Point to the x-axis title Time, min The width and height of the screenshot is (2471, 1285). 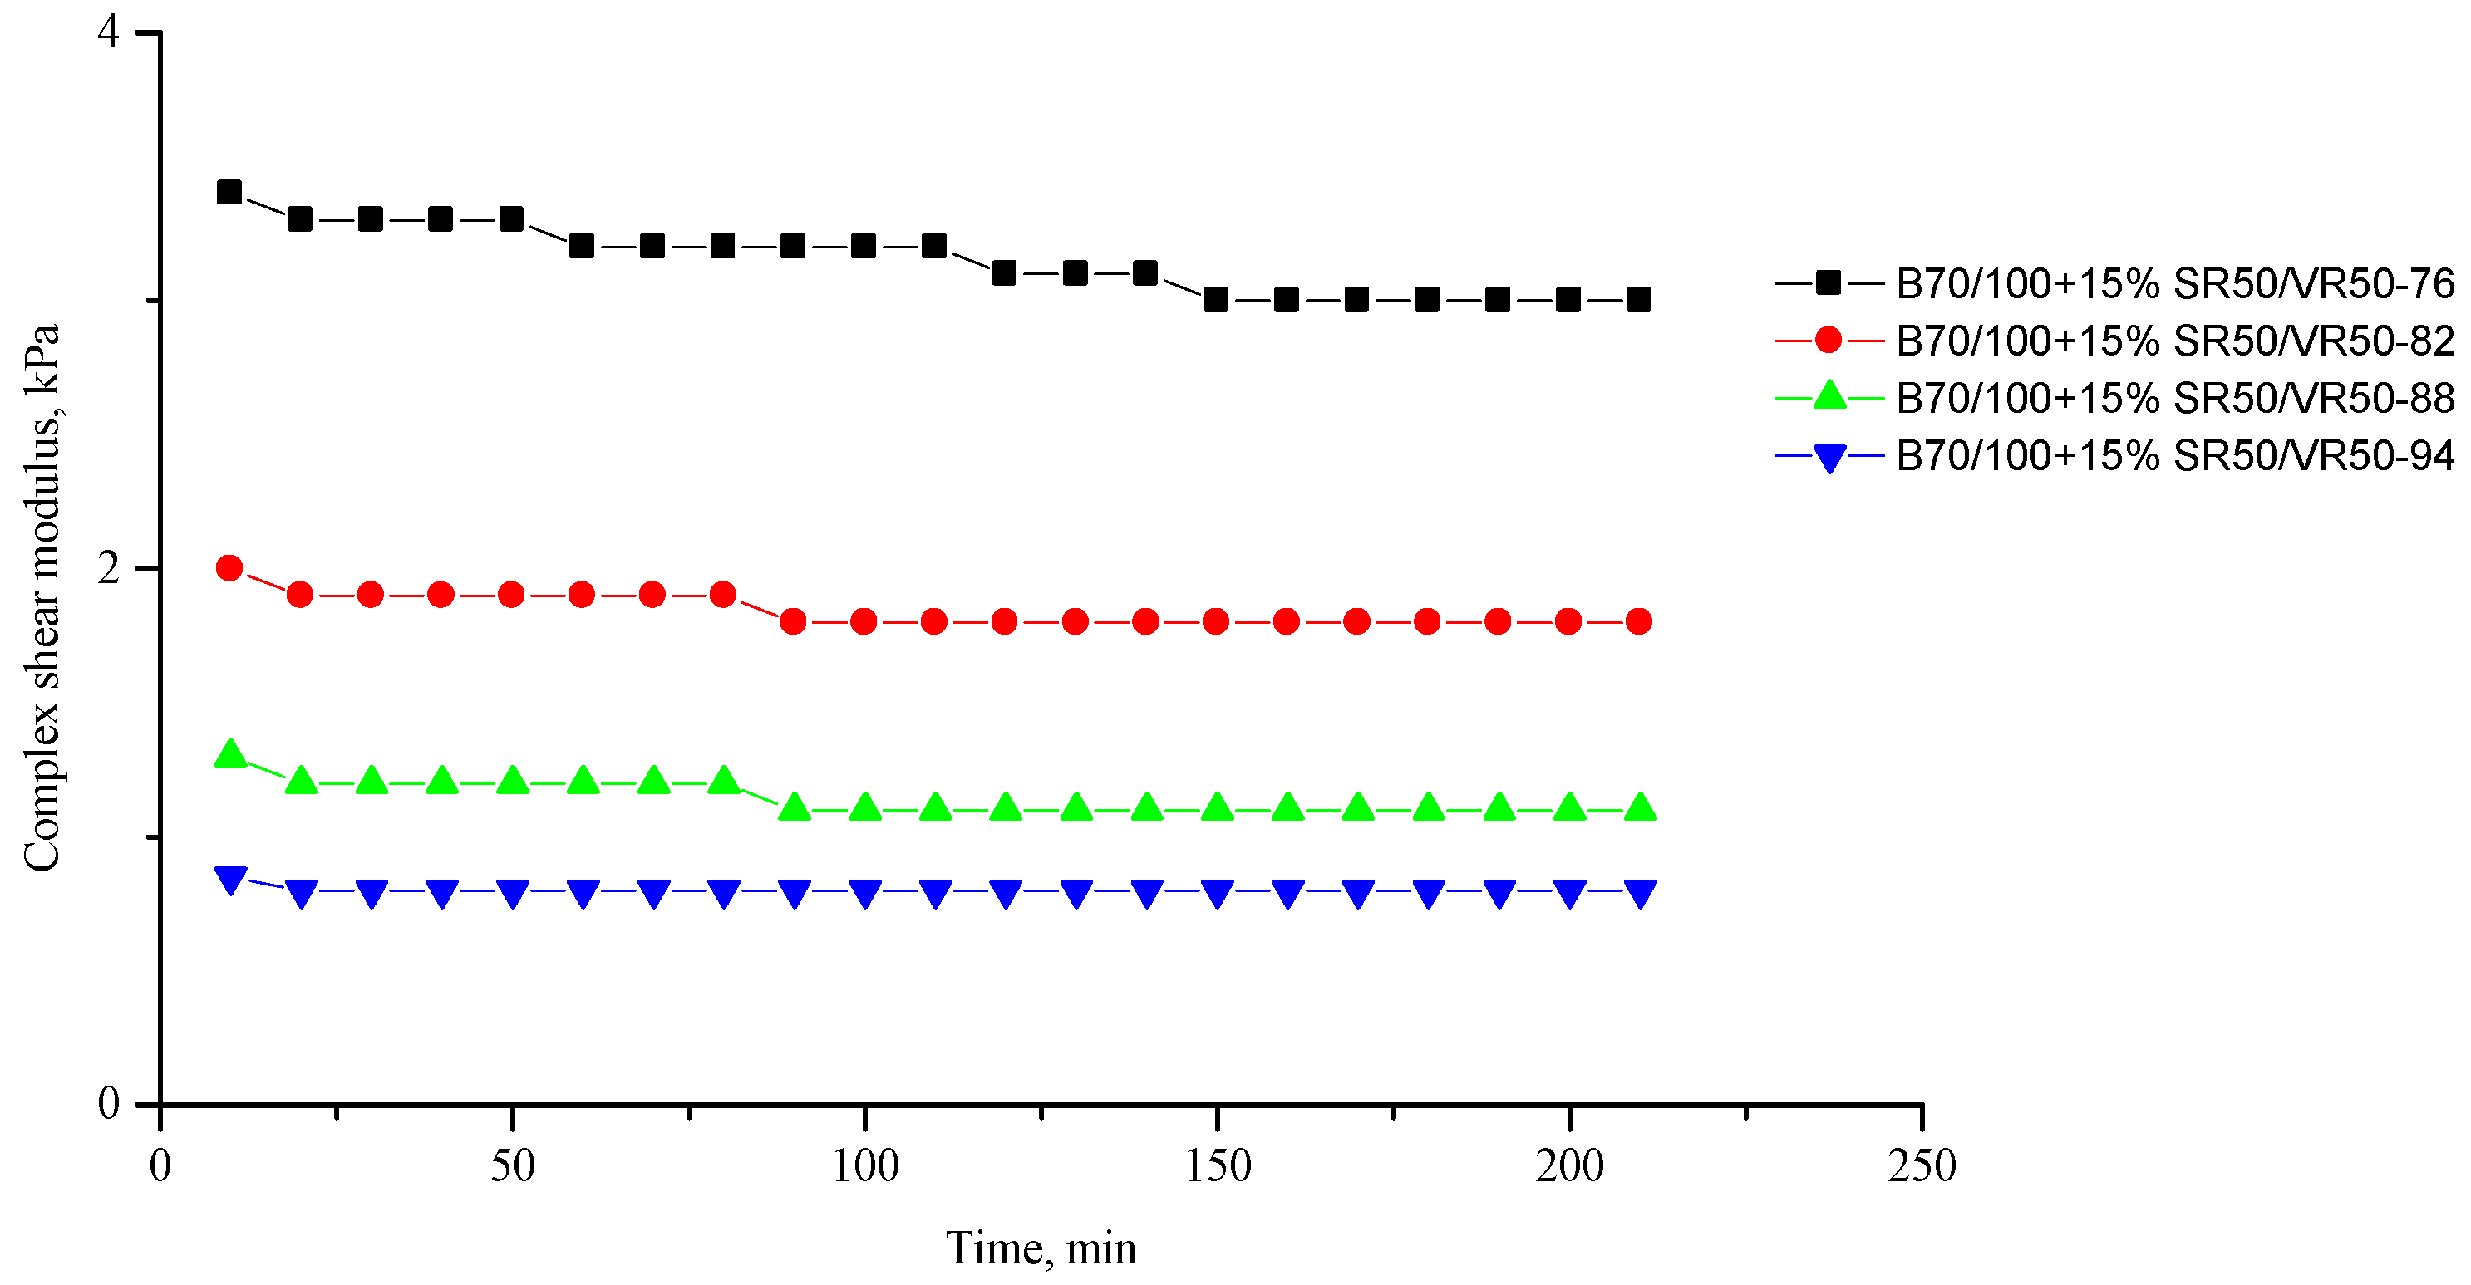point(1041,1248)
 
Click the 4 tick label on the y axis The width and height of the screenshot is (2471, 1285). point(108,32)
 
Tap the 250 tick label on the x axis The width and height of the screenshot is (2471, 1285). point(1922,1166)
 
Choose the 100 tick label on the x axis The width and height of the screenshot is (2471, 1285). point(865,1166)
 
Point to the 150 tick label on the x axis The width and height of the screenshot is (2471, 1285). point(1218,1166)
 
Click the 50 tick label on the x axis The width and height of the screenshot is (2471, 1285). point(512,1166)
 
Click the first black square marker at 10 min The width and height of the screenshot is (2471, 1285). point(229,193)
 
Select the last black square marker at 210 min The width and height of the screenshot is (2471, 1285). point(1639,300)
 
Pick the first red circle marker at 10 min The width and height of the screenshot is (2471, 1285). point(229,567)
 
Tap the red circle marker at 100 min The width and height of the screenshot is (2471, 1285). point(864,621)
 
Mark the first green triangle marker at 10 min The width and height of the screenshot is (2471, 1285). point(230,753)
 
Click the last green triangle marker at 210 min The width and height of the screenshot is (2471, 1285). point(1642,807)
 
